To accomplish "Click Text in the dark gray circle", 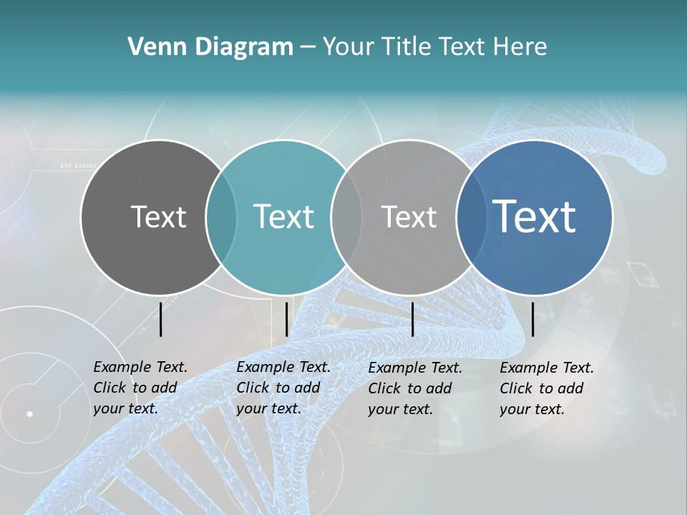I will [x=158, y=217].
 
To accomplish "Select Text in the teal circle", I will [x=283, y=217].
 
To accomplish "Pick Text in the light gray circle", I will [x=409, y=217].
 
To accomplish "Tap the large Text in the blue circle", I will [x=534, y=216].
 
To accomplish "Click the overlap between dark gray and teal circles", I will [x=221, y=217].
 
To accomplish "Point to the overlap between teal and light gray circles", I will [x=346, y=217].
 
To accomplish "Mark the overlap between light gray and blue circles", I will [x=471, y=217].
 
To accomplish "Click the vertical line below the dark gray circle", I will [x=161, y=319].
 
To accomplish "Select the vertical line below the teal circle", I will [x=286, y=319].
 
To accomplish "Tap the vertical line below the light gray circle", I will [x=412, y=319].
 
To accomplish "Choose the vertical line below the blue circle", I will [x=532, y=319].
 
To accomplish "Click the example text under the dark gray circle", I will [x=140, y=388].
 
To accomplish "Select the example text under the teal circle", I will [x=283, y=388].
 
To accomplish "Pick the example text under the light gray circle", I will [x=414, y=388].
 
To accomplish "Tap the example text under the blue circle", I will [x=546, y=388].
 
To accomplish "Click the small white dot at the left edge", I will [x=29, y=413].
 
